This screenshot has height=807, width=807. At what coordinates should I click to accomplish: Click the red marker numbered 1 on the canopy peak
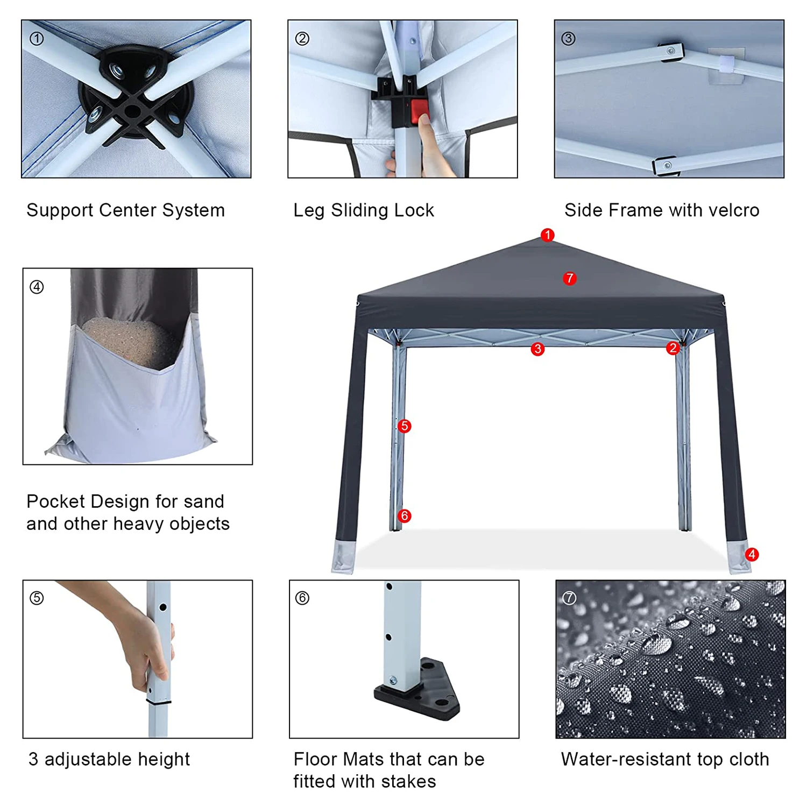point(547,235)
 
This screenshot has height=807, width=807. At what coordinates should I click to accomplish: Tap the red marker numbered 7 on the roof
point(569,278)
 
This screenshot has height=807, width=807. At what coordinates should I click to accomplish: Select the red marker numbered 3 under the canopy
point(537,349)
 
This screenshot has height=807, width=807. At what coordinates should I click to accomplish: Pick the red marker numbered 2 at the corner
point(672,348)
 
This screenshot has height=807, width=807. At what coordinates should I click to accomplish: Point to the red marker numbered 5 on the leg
point(405,426)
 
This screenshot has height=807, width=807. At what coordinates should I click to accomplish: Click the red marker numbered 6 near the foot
point(405,516)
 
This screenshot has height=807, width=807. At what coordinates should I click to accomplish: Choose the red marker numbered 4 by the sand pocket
point(752,554)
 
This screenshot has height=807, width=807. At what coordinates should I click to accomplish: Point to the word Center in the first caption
point(128,210)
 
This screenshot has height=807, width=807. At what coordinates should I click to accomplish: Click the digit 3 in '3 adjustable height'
point(33,759)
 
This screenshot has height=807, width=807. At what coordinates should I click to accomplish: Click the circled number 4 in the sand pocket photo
point(37,287)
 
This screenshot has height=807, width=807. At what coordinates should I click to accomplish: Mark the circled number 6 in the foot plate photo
point(302,598)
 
